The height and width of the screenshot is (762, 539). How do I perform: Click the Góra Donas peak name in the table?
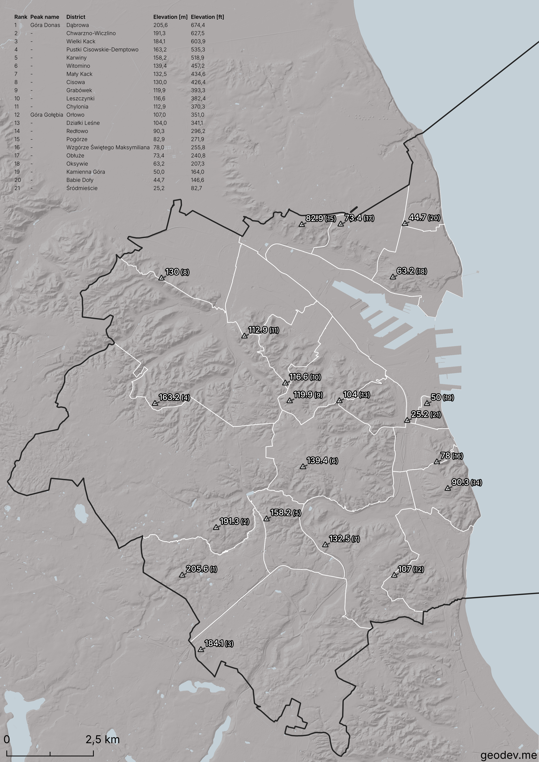click(45, 25)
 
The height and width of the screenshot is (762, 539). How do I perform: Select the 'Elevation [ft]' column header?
click(207, 17)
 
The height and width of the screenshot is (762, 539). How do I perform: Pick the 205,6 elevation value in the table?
click(160, 25)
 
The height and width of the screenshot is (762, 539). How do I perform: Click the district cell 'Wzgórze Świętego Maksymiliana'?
click(108, 147)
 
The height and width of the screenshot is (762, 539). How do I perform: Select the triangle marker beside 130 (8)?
click(161, 278)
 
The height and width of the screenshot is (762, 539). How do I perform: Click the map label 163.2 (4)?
click(174, 397)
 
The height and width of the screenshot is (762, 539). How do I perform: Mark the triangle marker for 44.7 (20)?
click(405, 223)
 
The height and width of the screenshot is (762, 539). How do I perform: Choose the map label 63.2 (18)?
click(412, 271)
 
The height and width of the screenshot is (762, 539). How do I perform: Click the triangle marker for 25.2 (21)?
click(407, 420)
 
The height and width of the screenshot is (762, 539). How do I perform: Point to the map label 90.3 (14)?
click(466, 482)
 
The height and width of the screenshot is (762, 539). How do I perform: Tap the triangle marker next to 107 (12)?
click(394, 575)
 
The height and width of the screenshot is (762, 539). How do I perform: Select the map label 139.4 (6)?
click(322, 460)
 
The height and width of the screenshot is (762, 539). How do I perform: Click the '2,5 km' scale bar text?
click(103, 739)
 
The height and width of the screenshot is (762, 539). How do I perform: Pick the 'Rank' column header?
click(21, 17)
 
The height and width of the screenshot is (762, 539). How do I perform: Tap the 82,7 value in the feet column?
click(196, 188)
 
